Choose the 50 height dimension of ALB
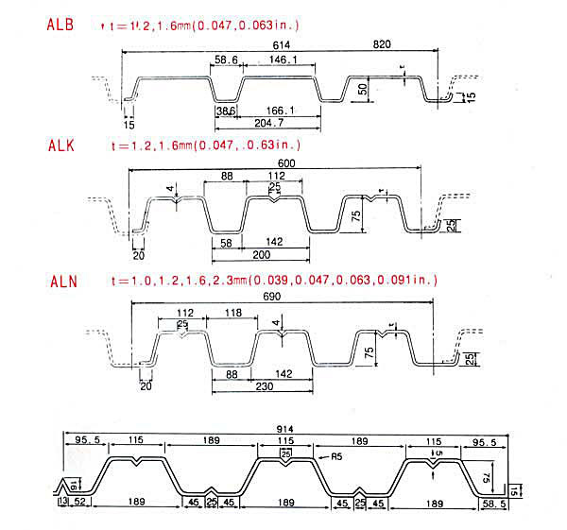pyautogui.click(x=364, y=89)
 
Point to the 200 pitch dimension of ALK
pyautogui.click(x=260, y=255)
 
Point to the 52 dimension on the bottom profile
pyautogui.click(x=81, y=502)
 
